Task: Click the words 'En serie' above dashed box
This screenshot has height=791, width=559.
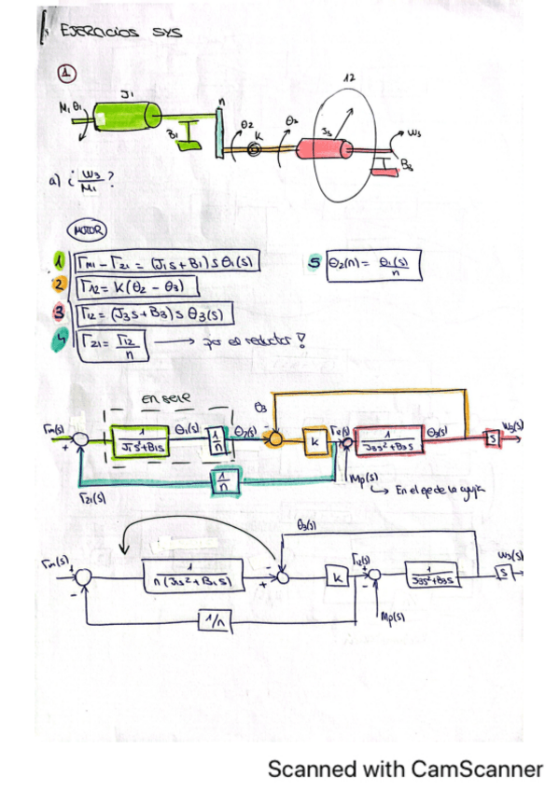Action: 166,397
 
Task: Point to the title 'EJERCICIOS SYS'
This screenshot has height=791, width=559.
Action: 119,32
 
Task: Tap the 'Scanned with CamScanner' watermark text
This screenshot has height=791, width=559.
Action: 404,769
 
